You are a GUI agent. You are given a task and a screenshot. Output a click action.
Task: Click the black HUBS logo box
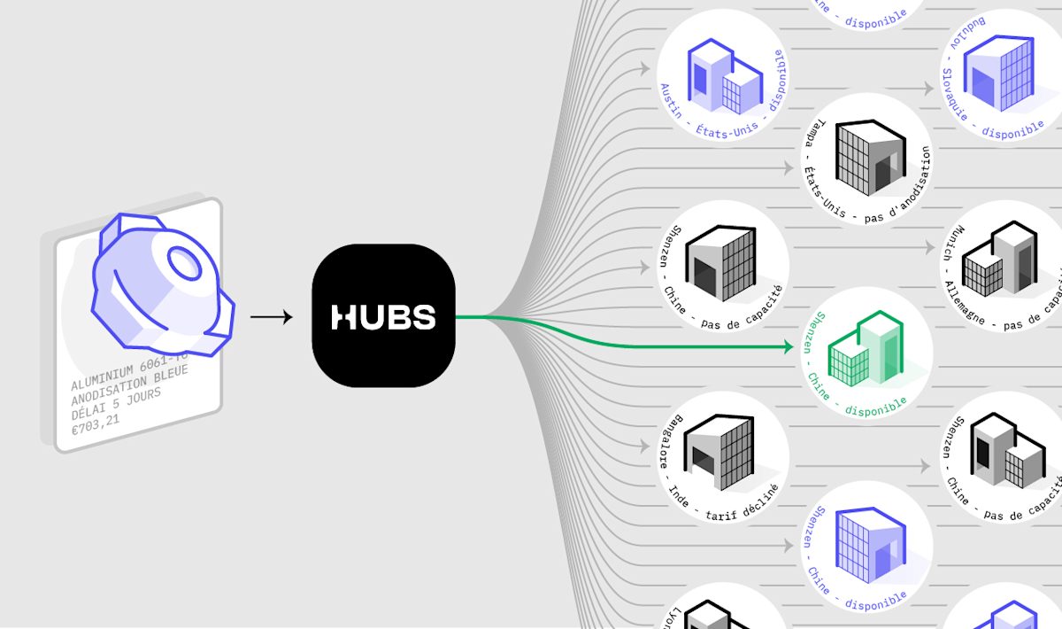coord(383,316)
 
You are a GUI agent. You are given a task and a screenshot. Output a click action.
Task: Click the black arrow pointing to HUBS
coord(271,316)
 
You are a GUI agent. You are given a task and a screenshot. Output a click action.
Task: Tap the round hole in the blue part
coord(185,262)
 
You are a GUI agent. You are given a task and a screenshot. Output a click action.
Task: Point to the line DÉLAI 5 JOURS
coord(116,403)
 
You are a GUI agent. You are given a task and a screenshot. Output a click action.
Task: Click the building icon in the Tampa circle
coord(866,159)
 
